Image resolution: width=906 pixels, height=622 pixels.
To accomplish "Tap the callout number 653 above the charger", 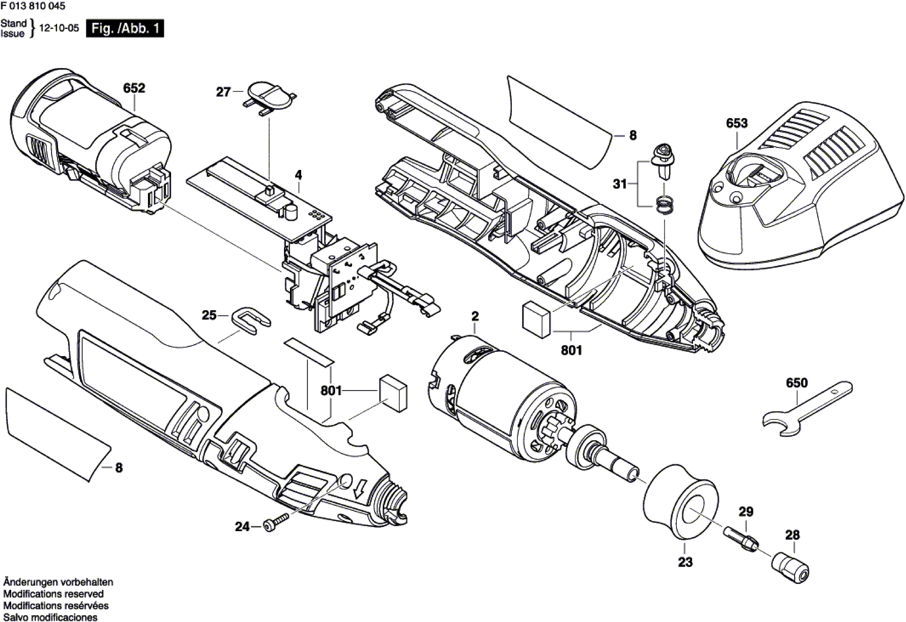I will click(x=736, y=123).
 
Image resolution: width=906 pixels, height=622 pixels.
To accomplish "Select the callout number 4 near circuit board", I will click(x=298, y=175).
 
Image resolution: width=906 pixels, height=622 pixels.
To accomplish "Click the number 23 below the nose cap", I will click(x=685, y=562).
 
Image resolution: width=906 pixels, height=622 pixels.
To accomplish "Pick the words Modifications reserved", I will click(x=53, y=594).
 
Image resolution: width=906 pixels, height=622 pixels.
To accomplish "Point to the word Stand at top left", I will click(x=13, y=23).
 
